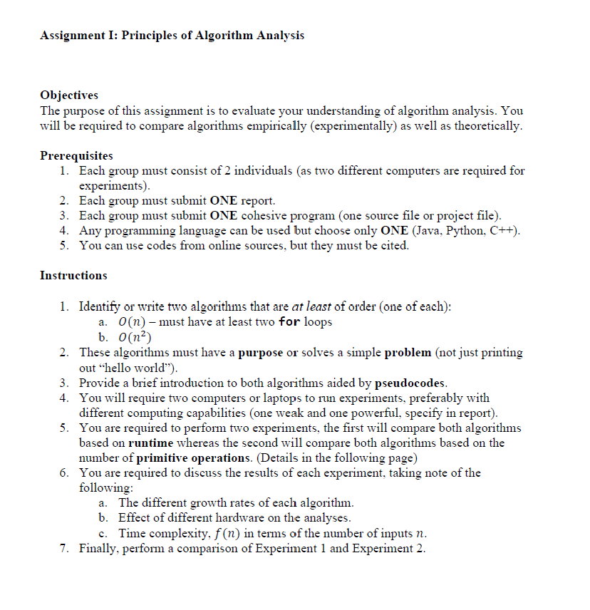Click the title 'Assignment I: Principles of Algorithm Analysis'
pyautogui.click(x=172, y=36)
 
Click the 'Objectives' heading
pyautogui.click(x=69, y=95)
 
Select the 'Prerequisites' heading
pyautogui.click(x=76, y=155)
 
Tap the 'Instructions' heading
pyautogui.click(x=73, y=275)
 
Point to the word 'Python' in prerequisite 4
pyautogui.click(x=463, y=230)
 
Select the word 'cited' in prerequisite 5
pyautogui.click(x=394, y=245)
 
